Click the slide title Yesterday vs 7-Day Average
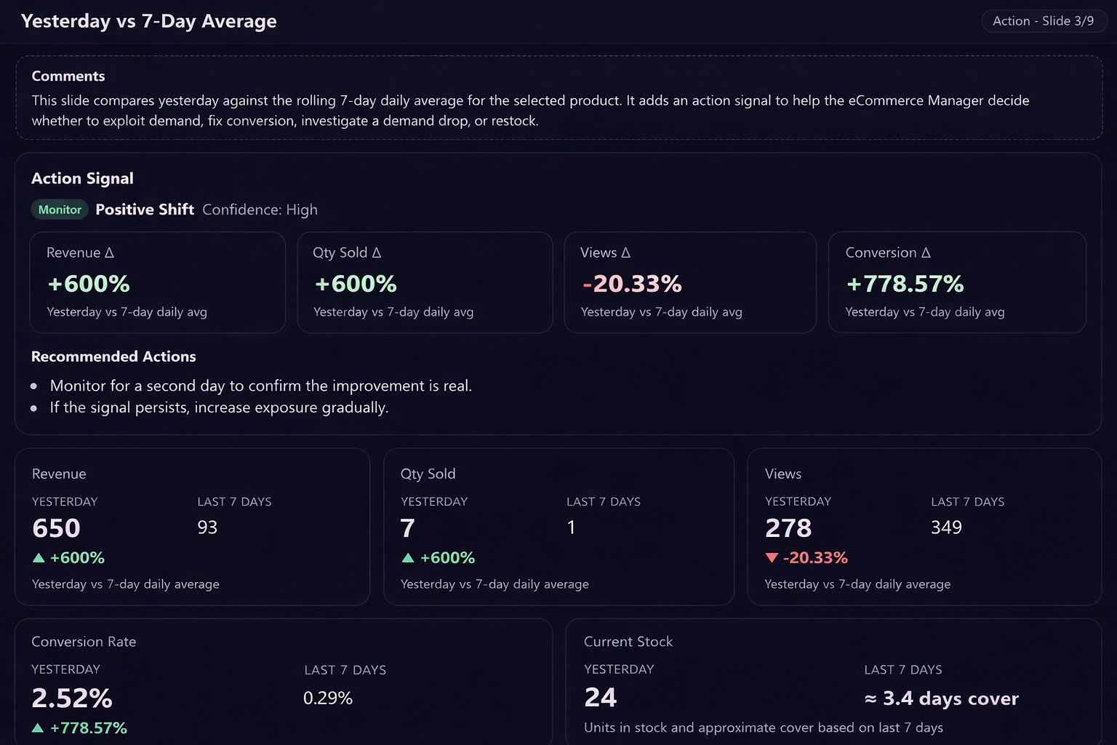coord(148,21)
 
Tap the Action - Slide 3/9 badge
coord(1044,21)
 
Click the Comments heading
coord(68,76)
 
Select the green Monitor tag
coord(60,210)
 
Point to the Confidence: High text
coord(260,210)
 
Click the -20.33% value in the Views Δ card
coord(632,284)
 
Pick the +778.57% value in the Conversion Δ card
coord(905,284)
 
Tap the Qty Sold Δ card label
coord(347,252)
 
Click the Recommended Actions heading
coord(113,356)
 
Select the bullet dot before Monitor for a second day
coord(34,386)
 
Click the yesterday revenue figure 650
coord(56,528)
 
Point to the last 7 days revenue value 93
coord(207,527)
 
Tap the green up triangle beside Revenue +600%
coord(39,558)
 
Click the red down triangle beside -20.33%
coord(772,558)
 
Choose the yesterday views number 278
coord(788,528)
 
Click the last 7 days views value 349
coord(946,527)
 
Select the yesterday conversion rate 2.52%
coord(72,698)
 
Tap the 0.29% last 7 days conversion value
coord(328,698)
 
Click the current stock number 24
coord(601,698)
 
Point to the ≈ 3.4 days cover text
coord(942,698)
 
